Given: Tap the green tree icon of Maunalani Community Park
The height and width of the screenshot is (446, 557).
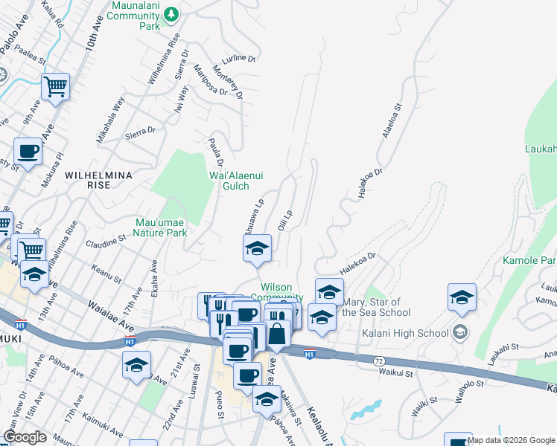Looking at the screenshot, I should point(171,13).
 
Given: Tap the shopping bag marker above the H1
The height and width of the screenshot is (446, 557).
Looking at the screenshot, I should point(277,334).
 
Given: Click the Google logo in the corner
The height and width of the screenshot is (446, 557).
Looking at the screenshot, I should point(25,437).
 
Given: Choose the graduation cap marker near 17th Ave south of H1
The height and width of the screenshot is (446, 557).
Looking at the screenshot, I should point(138,365).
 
